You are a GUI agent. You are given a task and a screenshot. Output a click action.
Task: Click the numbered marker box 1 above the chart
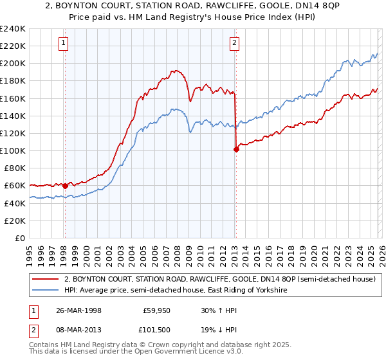coord(64,43)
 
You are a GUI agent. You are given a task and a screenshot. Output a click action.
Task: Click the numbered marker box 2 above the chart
coord(234,43)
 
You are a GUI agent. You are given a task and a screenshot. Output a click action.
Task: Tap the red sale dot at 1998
coord(65,186)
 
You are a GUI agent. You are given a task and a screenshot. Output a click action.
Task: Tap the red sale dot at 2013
coord(235,149)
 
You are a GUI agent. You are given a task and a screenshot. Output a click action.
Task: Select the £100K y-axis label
coord(13,150)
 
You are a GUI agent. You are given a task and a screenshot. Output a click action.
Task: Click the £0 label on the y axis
coord(19,238)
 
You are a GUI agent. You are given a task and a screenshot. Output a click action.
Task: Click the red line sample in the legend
coord(45,280)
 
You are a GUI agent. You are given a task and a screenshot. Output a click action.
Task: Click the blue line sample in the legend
coord(45,291)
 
